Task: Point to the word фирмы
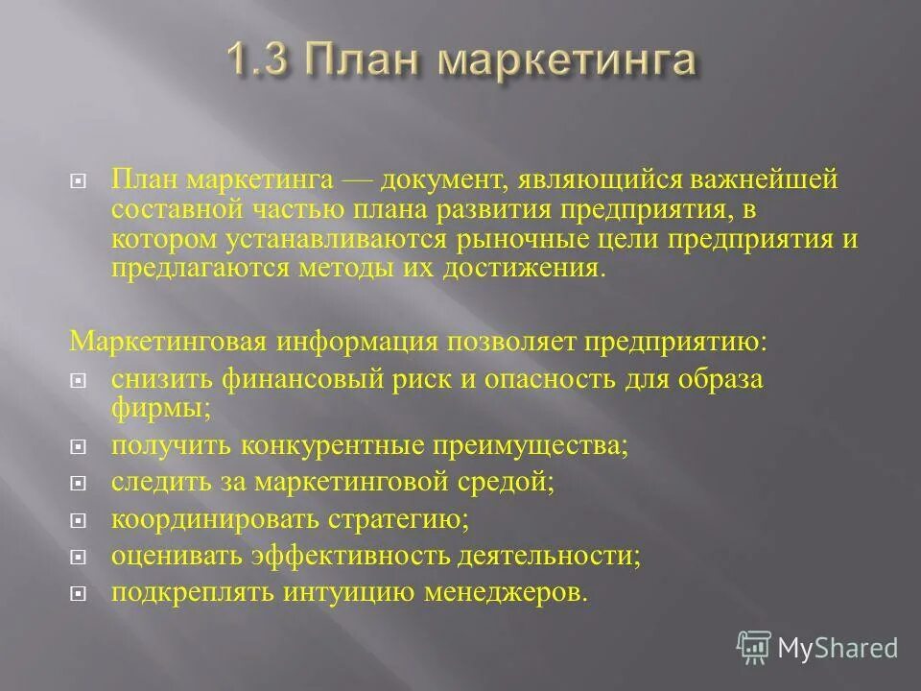coord(148,407)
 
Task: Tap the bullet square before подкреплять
coord(79,594)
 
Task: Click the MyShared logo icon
coord(754,647)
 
